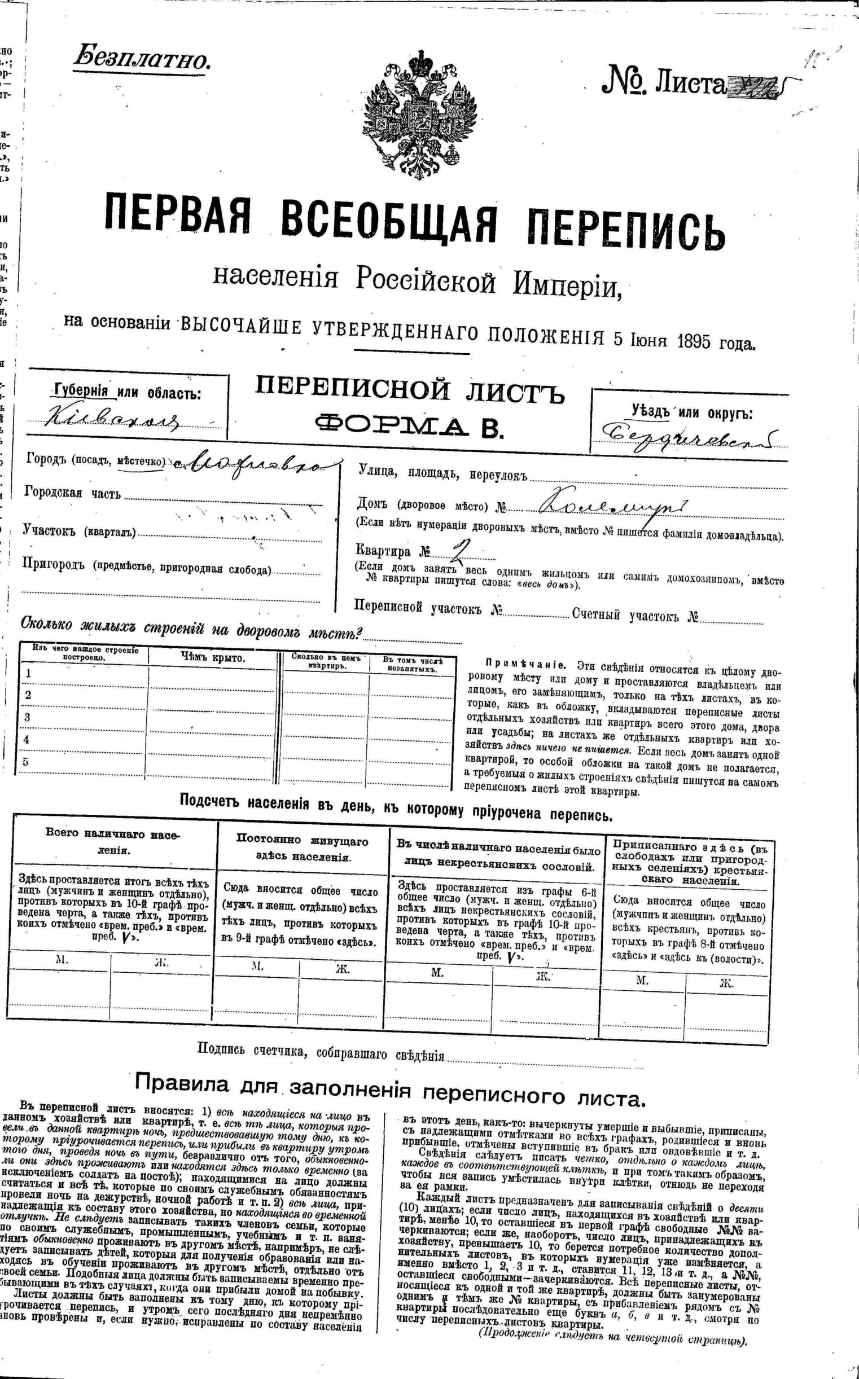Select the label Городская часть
[x=72, y=493]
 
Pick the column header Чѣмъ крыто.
[x=212, y=658]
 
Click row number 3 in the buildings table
[x=27, y=717]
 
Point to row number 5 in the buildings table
[x=25, y=762]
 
